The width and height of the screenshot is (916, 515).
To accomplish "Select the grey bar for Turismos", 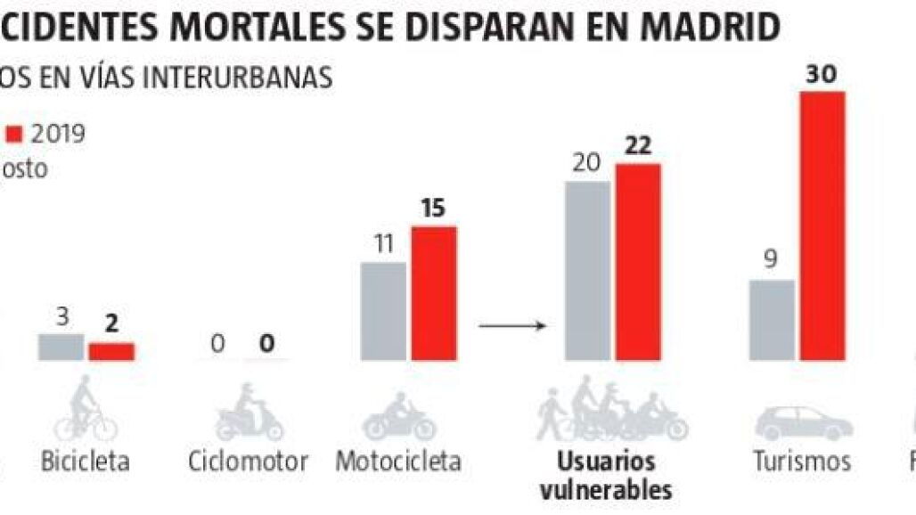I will [x=772, y=320].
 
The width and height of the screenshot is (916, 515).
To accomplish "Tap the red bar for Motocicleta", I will [x=433, y=293].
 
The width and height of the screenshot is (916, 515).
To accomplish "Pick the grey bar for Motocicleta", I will [x=383, y=311].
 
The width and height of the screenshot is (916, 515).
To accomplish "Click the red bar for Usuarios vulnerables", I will [x=638, y=262].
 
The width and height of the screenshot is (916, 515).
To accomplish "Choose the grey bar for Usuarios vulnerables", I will [x=587, y=271].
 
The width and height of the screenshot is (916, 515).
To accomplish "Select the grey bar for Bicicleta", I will [x=61, y=347].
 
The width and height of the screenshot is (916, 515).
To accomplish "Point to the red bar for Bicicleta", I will [x=110, y=351].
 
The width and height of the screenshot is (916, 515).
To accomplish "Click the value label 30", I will [x=821, y=75].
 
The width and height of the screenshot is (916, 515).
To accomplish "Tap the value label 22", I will [x=638, y=146].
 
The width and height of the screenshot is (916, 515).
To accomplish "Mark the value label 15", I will [x=433, y=209].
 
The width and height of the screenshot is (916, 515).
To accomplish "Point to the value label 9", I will [x=772, y=261].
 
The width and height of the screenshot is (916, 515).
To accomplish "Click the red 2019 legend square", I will [x=13, y=135].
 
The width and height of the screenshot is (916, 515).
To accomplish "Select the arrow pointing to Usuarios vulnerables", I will [x=511, y=325].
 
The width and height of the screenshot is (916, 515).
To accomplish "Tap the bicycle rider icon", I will [x=85, y=409].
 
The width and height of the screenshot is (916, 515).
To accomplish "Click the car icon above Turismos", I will [x=803, y=422].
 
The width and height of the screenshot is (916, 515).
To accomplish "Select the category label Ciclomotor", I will [x=249, y=462].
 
